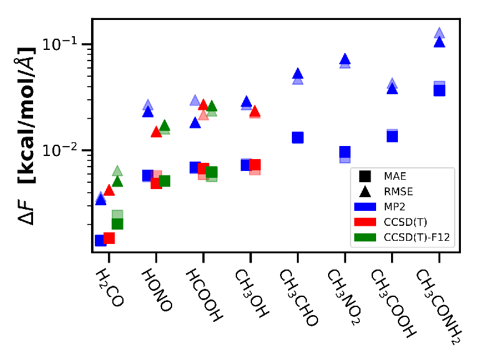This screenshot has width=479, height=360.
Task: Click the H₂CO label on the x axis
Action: click(109, 288)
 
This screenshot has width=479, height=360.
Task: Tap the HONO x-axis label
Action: click(157, 290)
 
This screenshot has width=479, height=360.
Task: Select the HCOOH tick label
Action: click(204, 295)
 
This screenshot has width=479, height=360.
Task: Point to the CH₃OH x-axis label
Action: click(251, 293)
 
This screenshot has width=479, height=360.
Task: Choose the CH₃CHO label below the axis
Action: click(299, 297)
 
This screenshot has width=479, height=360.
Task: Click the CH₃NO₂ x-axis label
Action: click(344, 297)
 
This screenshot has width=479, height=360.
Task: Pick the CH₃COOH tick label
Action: click(393, 303)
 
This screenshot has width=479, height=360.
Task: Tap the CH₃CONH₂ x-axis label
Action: click(438, 306)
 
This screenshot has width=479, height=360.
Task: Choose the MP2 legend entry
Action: click(380, 207)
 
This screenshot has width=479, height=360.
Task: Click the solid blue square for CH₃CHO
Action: click(298, 137)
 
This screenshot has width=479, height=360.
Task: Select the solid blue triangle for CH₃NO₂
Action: click(345, 59)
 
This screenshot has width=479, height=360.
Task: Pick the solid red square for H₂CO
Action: click(109, 238)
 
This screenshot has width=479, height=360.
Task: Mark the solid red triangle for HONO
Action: click(156, 132)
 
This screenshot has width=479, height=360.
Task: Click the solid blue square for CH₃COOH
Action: click(392, 136)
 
